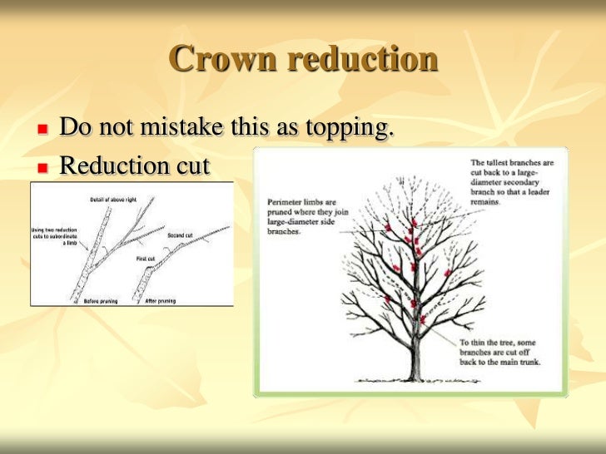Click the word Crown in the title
click(221, 59)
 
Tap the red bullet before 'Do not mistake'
click(42, 131)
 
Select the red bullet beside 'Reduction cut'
click(42, 167)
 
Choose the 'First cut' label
click(147, 259)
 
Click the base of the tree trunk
click(413, 373)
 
